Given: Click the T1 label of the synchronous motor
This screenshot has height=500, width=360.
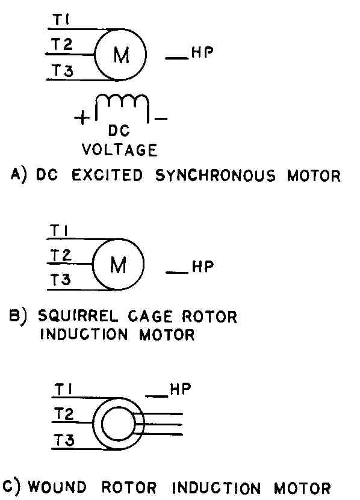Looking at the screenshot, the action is [x=61, y=19].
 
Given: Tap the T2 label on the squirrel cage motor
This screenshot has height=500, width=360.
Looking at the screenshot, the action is [x=61, y=256].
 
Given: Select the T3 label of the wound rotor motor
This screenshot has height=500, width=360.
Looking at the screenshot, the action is [x=64, y=440].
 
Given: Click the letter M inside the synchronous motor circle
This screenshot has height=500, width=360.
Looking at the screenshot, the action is [x=121, y=55].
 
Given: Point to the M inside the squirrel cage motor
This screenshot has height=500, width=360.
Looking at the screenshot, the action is [x=118, y=265].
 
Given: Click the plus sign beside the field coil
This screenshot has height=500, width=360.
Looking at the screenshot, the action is [x=82, y=119].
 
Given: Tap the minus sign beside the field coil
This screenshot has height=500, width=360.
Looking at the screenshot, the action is [x=161, y=119].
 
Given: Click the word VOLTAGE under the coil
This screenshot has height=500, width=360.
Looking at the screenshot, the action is [x=119, y=150].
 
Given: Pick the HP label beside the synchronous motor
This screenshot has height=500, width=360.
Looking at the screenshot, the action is [x=202, y=52].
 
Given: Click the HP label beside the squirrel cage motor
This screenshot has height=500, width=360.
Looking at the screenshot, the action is [x=203, y=267].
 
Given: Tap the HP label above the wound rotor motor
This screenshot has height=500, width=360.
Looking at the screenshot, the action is [x=181, y=389].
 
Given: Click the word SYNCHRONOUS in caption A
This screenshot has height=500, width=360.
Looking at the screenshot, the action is [x=216, y=176].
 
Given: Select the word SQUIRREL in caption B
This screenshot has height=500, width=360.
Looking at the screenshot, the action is [x=78, y=316].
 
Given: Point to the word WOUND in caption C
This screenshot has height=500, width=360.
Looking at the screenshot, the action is [x=57, y=487].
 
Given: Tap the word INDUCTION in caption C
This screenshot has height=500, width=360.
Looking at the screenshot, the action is [x=216, y=488].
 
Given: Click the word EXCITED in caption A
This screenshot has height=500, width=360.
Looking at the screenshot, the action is [x=107, y=175].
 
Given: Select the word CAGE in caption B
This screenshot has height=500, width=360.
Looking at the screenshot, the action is [x=150, y=316].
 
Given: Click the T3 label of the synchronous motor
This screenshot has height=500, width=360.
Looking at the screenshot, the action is [x=63, y=70].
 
